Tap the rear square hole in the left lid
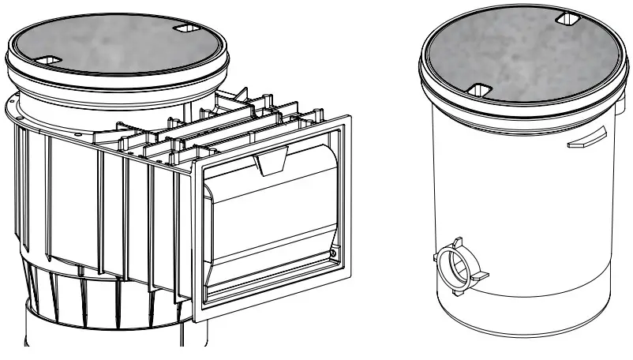186,28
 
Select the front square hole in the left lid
49,60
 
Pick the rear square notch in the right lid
567,17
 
